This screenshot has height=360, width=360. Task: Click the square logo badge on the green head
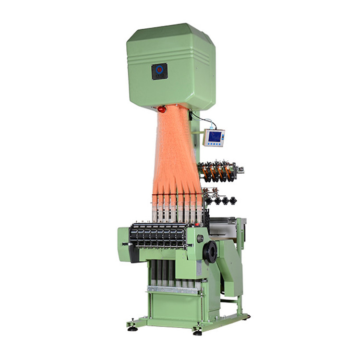(x=159, y=71)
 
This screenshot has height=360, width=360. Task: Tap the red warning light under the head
(x=162, y=109)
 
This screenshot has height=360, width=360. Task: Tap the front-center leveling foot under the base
(x=197, y=332)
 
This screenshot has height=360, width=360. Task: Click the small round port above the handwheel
(x=200, y=239)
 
